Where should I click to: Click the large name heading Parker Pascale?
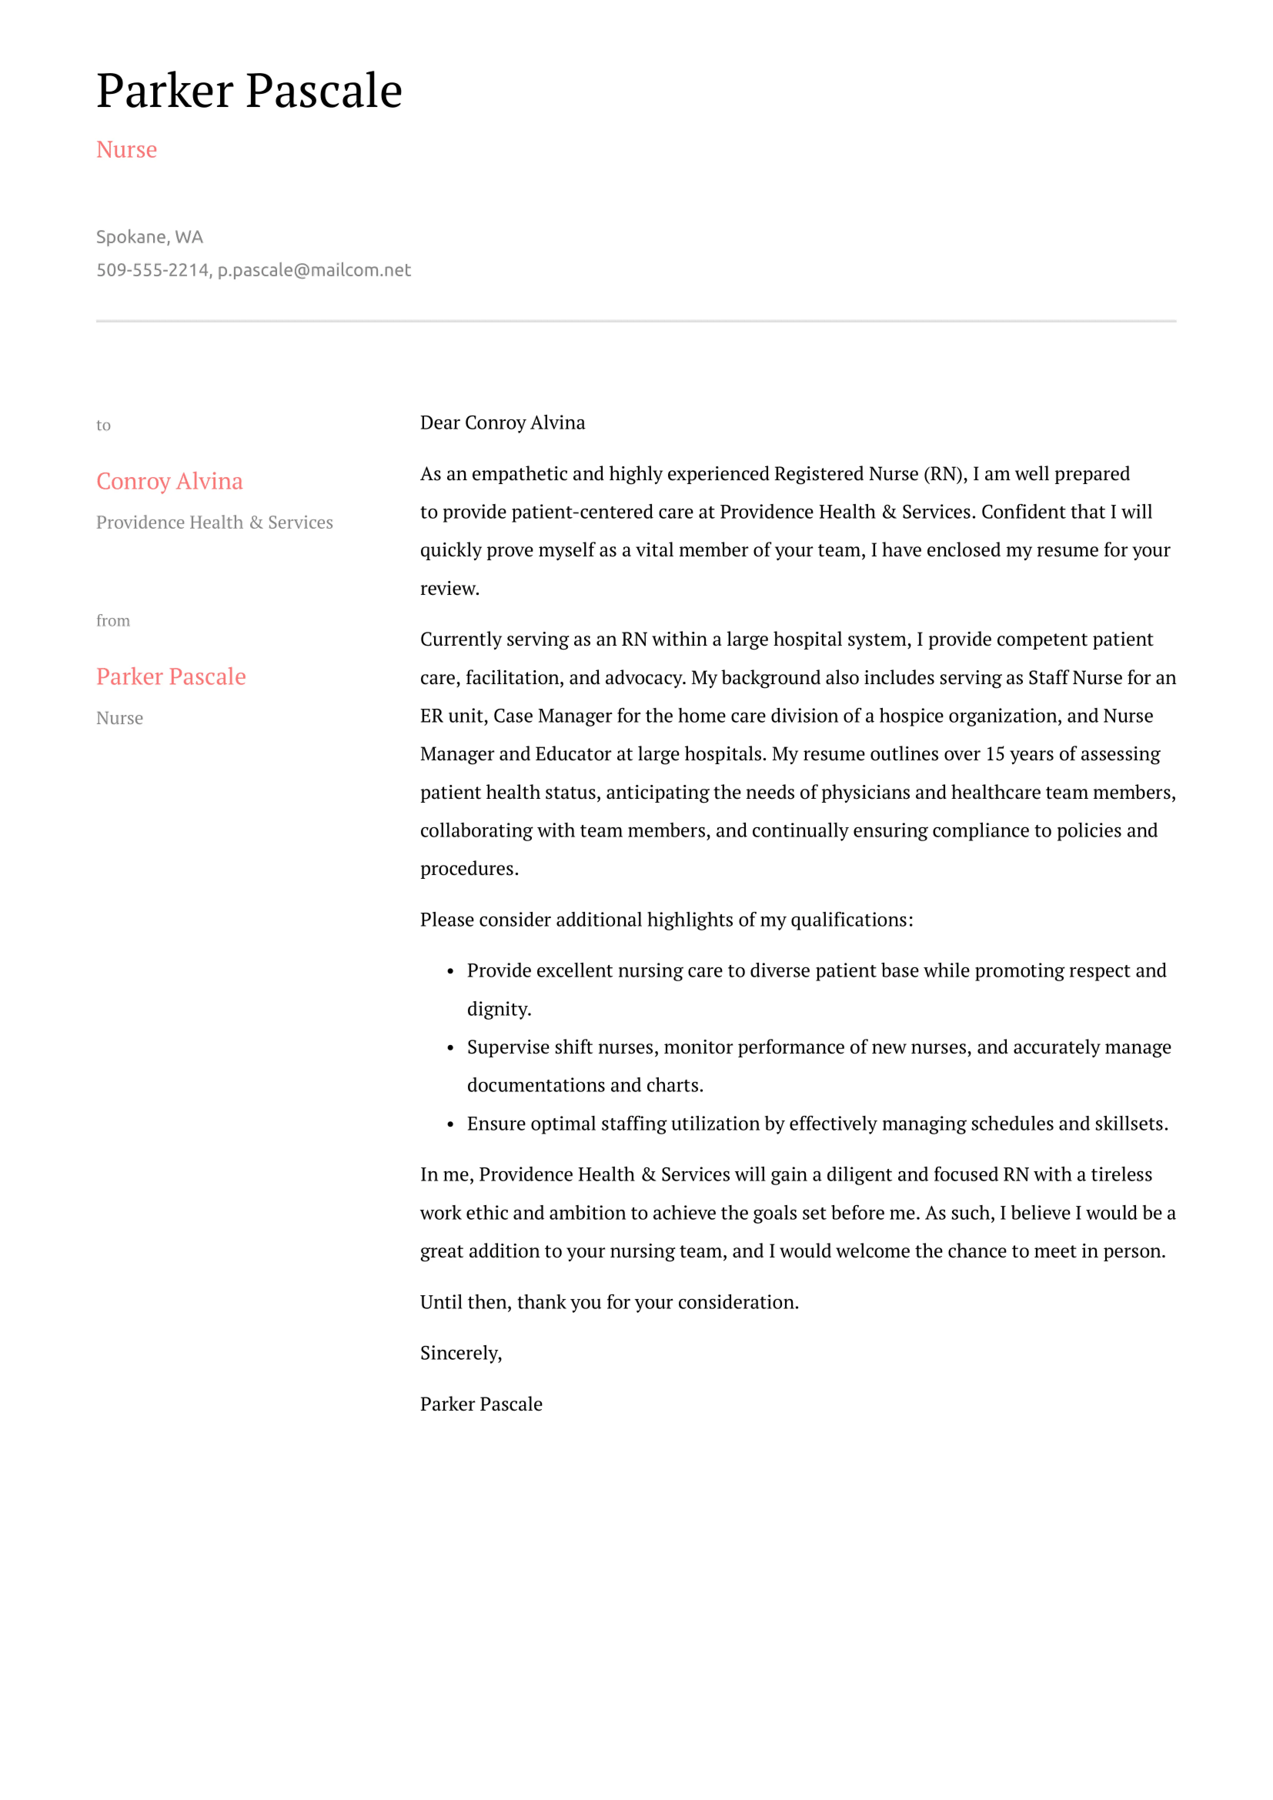click(249, 91)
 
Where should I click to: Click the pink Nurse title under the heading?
click(126, 150)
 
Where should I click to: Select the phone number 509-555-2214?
click(152, 271)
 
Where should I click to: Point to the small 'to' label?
click(104, 426)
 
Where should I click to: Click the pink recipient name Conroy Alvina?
click(169, 481)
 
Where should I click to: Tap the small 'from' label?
click(113, 621)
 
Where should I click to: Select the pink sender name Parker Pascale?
click(171, 676)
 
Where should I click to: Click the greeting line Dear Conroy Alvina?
click(503, 423)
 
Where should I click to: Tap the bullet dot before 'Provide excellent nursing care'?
click(451, 972)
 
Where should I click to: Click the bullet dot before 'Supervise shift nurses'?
click(451, 1048)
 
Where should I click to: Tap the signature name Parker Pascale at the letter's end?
click(481, 1404)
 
